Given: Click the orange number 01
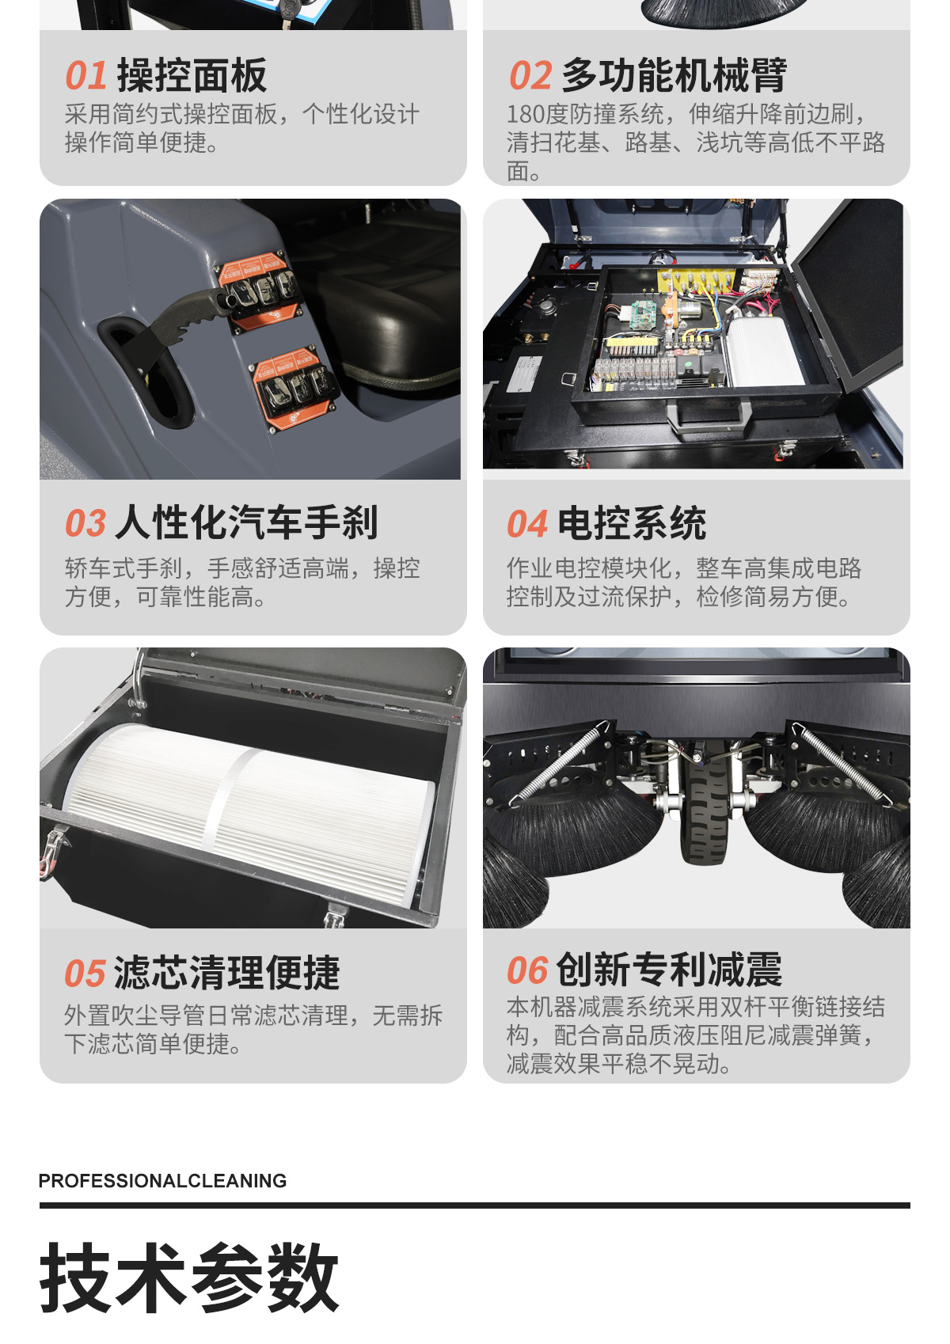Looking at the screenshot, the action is click(x=85, y=76).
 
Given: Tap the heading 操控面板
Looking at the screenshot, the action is click(x=192, y=76).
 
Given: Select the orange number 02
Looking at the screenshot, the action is click(x=530, y=76).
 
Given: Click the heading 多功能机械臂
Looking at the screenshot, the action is click(x=674, y=76).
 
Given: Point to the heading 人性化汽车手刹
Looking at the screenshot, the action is click(x=246, y=522).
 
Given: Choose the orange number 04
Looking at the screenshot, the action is click(x=527, y=523).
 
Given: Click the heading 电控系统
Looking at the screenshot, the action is click(x=631, y=522).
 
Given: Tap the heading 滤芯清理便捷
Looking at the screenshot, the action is click(x=227, y=973).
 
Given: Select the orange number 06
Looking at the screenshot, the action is click(x=527, y=970).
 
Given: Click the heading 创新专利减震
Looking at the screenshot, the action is click(x=669, y=970).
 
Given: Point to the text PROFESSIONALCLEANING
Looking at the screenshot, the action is click(x=162, y=1181).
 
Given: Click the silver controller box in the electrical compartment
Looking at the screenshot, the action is click(x=764, y=351).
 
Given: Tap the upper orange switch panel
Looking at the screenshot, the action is click(x=259, y=292).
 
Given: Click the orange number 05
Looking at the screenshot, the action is click(x=85, y=974).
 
